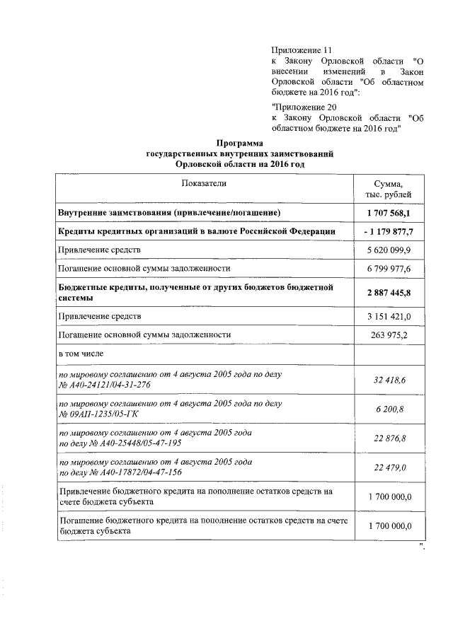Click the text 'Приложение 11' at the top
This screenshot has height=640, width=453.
coord(302,51)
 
